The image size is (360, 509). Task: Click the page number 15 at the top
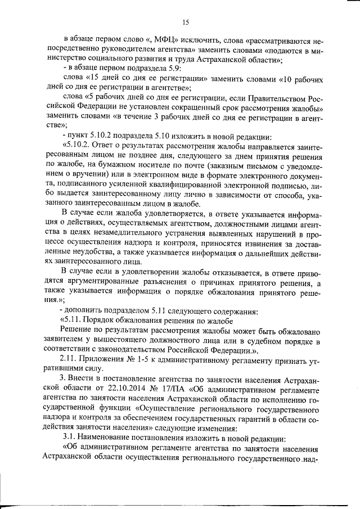tap(185, 22)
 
